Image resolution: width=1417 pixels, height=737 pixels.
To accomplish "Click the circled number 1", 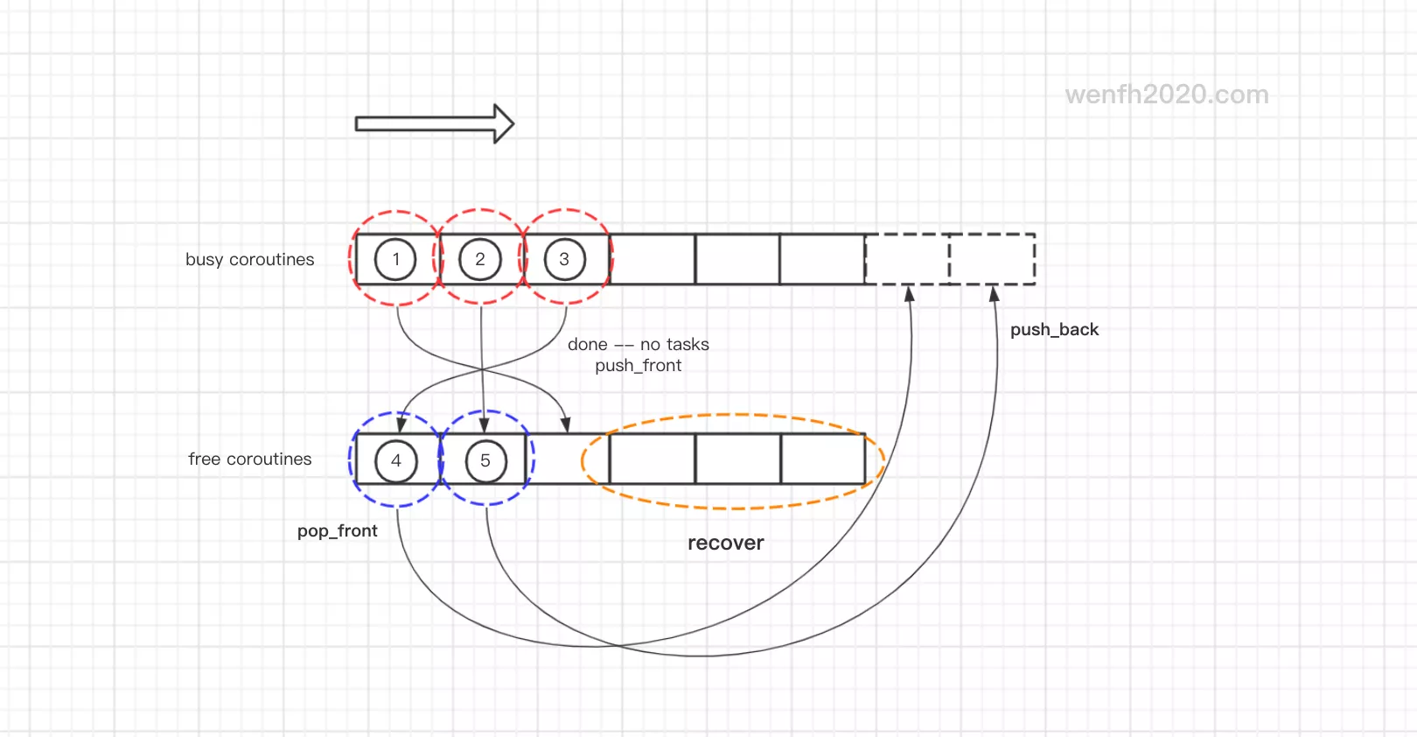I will tap(395, 259).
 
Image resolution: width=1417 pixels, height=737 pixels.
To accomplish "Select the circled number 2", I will tap(480, 259).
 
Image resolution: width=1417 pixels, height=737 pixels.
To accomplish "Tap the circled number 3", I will tap(564, 259).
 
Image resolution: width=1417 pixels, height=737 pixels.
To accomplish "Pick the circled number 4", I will tap(396, 460).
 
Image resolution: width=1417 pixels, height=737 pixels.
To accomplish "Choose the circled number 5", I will tap(485, 460).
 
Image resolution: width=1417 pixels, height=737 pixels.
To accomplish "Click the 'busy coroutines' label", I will tap(249, 260).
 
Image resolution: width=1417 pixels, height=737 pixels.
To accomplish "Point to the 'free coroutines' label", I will tap(249, 460).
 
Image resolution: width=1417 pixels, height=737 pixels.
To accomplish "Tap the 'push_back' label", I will tap(1054, 330).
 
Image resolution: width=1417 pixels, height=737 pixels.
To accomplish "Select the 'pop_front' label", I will tap(337, 531).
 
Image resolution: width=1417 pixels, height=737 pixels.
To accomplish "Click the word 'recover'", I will tap(725, 544).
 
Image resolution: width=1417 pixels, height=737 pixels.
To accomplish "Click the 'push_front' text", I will tap(638, 366).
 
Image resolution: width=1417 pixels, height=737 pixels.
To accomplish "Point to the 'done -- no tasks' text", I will tap(638, 345).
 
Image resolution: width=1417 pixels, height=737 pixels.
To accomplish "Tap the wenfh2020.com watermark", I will tap(1166, 95).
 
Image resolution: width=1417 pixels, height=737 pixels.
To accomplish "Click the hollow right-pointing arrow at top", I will tap(434, 123).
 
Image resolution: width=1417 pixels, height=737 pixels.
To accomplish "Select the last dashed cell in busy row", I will tap(992, 259).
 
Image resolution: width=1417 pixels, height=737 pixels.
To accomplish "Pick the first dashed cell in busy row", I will tap(907, 259).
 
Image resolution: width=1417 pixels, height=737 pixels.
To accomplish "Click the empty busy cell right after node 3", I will tap(653, 259).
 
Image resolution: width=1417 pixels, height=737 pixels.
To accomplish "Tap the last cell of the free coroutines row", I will tap(822, 459).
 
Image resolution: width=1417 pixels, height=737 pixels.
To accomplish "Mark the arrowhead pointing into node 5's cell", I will tap(484, 425).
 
